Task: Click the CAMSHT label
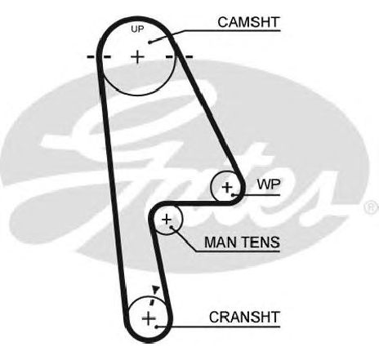(x=248, y=22)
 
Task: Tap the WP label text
(x=269, y=184)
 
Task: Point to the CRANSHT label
(x=244, y=317)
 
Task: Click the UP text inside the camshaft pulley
(x=137, y=29)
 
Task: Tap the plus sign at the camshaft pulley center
(x=138, y=57)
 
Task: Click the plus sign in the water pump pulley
(x=227, y=187)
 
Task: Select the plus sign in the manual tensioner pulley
(x=167, y=220)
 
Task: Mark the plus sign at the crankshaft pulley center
(x=149, y=318)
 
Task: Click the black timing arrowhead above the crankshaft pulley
(x=155, y=289)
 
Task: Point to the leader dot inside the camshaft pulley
(x=149, y=42)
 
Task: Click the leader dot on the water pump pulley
(x=233, y=195)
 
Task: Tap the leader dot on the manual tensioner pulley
(x=171, y=227)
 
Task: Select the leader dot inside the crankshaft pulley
(x=156, y=327)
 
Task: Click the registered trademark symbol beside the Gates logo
(x=372, y=207)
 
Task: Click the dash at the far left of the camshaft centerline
(x=91, y=57)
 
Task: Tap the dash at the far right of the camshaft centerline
(x=188, y=57)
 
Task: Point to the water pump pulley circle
(x=212, y=187)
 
